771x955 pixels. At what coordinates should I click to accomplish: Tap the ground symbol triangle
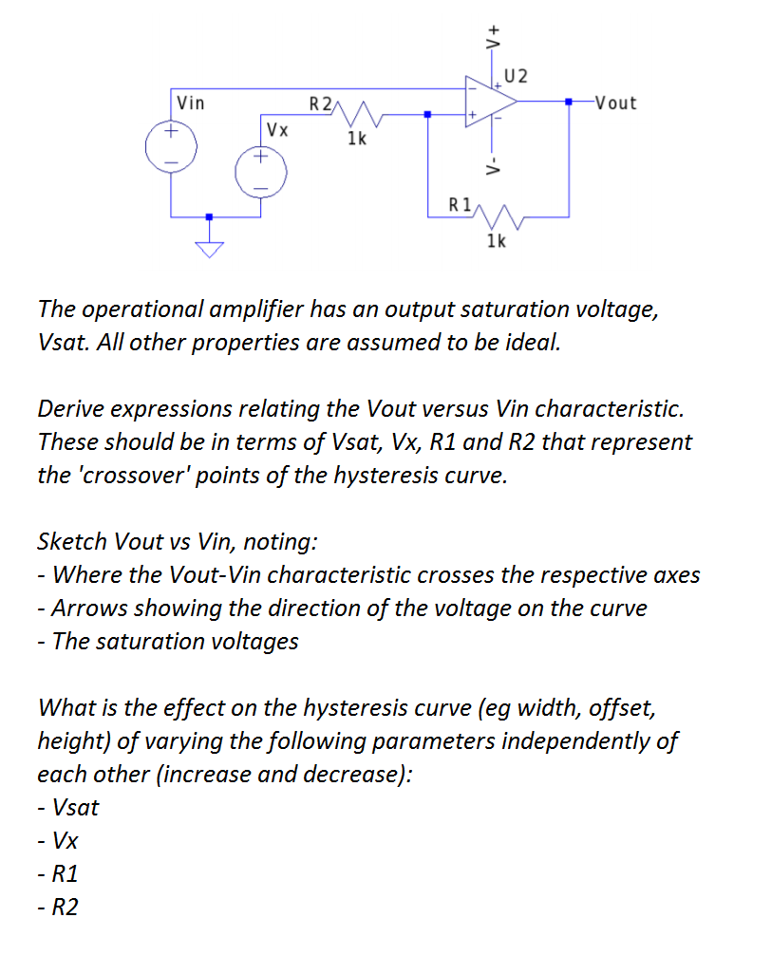[x=210, y=249]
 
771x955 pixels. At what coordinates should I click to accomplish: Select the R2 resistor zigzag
[x=358, y=116]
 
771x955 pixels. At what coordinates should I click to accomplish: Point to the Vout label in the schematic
[x=614, y=103]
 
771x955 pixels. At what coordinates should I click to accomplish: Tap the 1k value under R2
[x=358, y=139]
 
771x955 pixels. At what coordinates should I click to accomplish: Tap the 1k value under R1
[x=496, y=241]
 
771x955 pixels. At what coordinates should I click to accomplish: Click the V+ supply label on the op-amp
[x=493, y=39]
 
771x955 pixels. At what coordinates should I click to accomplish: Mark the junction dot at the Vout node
[x=569, y=101]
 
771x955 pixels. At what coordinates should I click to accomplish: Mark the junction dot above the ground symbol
[x=210, y=216]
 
